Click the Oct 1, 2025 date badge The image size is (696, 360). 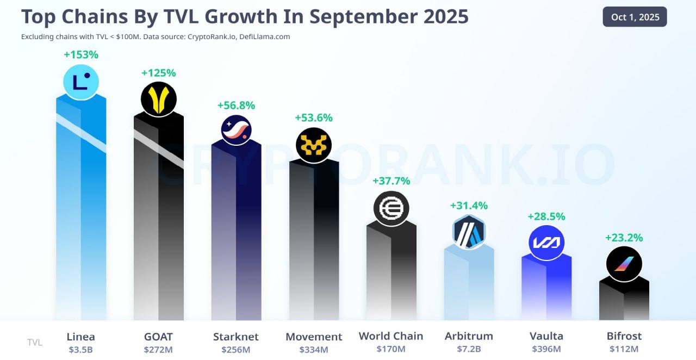[x=635, y=17]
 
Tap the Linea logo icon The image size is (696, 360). [x=81, y=82]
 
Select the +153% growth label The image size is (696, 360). [x=81, y=54]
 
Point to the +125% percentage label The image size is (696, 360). [x=158, y=73]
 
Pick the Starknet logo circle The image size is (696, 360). [x=236, y=130]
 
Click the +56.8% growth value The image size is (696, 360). [x=236, y=105]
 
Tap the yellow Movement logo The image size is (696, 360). [x=314, y=145]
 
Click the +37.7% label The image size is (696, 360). [x=391, y=181]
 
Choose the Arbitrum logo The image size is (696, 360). [x=469, y=232]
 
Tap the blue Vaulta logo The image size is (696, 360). [x=546, y=243]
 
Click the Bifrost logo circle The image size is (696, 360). [x=624, y=264]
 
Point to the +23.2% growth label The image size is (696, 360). [x=624, y=238]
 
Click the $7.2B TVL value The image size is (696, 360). [x=469, y=349]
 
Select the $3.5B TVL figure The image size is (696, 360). [x=80, y=349]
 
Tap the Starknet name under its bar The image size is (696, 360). [x=236, y=336]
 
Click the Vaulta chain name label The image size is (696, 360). [x=546, y=336]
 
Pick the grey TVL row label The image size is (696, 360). [x=35, y=342]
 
